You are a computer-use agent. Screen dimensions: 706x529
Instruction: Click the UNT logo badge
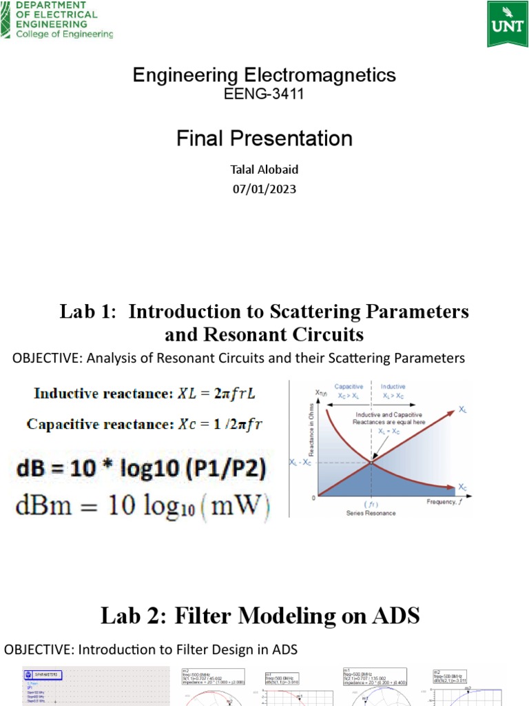[507, 23]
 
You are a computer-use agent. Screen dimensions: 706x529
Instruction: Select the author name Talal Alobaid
[264, 170]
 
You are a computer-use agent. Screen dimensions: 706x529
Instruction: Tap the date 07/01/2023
[264, 188]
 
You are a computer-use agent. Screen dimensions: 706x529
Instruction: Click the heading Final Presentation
[264, 139]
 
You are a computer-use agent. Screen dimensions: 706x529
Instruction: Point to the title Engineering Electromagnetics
[264, 75]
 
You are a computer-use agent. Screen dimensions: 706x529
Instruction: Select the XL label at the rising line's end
[464, 409]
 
